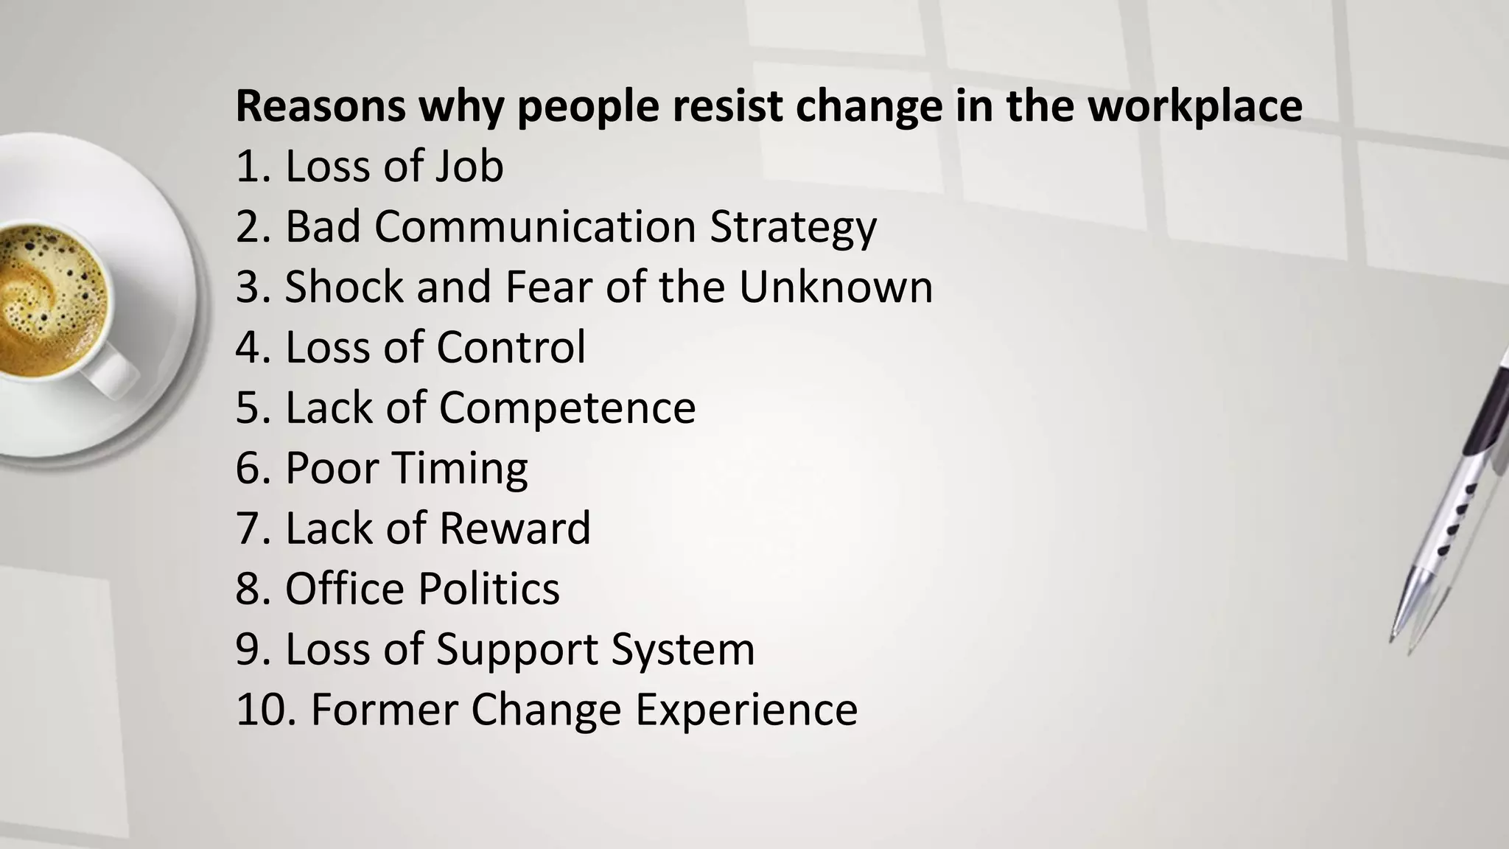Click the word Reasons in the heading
(321, 106)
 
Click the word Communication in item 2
(535, 226)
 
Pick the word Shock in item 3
(343, 287)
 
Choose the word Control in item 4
(511, 347)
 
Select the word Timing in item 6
(460, 469)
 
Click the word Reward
(516, 528)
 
